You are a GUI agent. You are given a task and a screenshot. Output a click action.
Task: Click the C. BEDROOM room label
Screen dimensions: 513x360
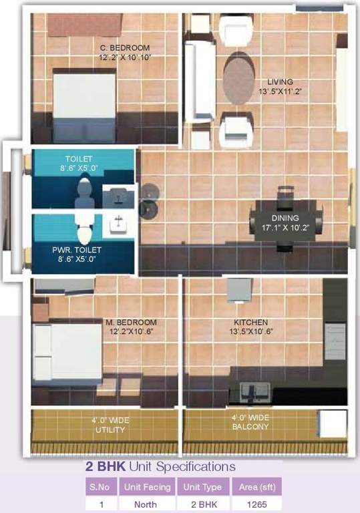pos(125,48)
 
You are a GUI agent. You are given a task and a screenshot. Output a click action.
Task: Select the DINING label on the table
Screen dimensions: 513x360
pos(285,218)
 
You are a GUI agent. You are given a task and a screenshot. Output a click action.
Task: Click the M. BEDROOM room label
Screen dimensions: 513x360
pos(131,322)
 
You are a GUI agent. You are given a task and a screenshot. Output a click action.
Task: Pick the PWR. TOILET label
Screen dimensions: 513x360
pos(78,250)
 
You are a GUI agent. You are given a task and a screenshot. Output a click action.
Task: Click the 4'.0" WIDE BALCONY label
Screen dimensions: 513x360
pos(250,421)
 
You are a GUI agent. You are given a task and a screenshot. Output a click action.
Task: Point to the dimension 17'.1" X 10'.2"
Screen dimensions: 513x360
pos(285,227)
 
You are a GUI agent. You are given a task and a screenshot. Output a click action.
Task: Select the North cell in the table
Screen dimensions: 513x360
pos(148,504)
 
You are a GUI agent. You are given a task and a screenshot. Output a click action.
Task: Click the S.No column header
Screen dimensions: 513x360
pos(101,487)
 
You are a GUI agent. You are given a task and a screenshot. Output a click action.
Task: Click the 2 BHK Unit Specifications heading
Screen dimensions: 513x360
pos(160,466)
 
